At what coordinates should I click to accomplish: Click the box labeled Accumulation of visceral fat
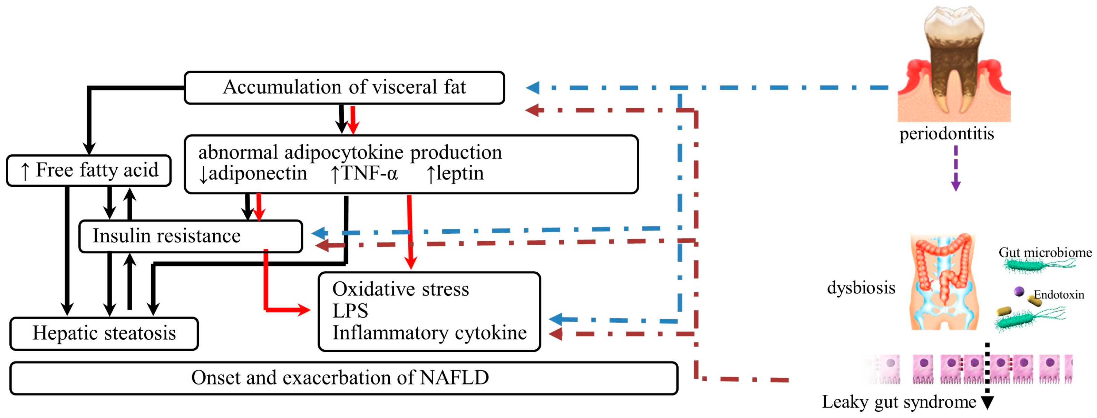coord(344,87)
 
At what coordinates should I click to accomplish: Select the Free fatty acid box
coord(89,170)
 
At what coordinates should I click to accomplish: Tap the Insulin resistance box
coord(190,236)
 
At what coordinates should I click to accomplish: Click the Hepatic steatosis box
coord(104,333)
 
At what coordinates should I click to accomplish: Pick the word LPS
coord(350,311)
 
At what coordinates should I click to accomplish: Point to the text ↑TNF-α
coord(365,174)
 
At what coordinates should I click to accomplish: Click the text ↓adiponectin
coord(253,174)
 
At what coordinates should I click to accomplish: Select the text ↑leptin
coord(455,174)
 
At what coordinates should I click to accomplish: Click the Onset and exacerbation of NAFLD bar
coord(343,378)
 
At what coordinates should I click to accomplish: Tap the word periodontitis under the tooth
coord(946,134)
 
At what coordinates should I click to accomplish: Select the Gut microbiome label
coord(1045,252)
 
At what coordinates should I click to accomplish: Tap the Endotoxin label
coord(1059,294)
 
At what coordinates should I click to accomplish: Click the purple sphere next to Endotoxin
coord(1019,291)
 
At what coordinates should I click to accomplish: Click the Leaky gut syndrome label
coord(899,402)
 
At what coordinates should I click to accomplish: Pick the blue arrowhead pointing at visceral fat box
coord(533,88)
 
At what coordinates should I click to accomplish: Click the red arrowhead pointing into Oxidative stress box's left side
coord(304,310)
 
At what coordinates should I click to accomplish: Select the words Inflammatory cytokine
coord(429,333)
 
